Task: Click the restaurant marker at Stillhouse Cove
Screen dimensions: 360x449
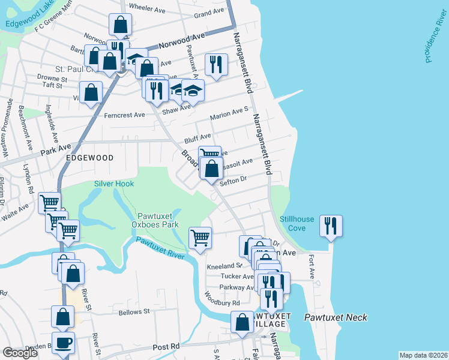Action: (x=331, y=226)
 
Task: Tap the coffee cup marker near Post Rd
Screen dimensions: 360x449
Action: (x=63, y=343)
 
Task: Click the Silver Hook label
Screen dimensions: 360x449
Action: (x=114, y=184)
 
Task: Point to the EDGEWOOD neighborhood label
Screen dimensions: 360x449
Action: (x=90, y=157)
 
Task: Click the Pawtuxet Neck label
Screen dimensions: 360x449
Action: (x=335, y=317)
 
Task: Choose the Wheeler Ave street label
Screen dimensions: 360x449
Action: (x=147, y=10)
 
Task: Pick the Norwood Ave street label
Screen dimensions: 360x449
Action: (x=187, y=37)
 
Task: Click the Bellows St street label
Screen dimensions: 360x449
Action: (x=134, y=312)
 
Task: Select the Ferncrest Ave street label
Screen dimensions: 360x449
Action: (x=125, y=115)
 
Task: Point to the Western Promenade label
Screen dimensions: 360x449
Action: (x=8, y=128)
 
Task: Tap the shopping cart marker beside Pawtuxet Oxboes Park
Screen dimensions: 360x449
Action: (x=200, y=238)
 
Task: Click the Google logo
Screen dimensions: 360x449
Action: (x=20, y=353)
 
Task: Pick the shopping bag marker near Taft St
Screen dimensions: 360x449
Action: (x=91, y=93)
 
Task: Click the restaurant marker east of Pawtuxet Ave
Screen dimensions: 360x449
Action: (x=216, y=64)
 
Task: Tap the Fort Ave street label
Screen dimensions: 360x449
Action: (x=312, y=266)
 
